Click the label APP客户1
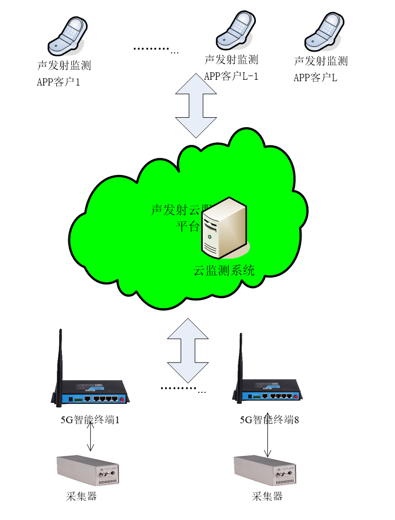[x=58, y=82]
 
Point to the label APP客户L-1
[x=231, y=77]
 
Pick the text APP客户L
[x=315, y=78]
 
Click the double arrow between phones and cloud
[x=195, y=105]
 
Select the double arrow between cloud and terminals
[x=188, y=350]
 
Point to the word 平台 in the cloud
[x=187, y=226]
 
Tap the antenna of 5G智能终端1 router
[x=60, y=360]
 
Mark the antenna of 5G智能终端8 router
[x=240, y=362]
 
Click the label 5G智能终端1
[x=90, y=419]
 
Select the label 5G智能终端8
[x=269, y=419]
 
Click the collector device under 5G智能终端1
[x=89, y=470]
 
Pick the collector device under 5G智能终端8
[x=266, y=470]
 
